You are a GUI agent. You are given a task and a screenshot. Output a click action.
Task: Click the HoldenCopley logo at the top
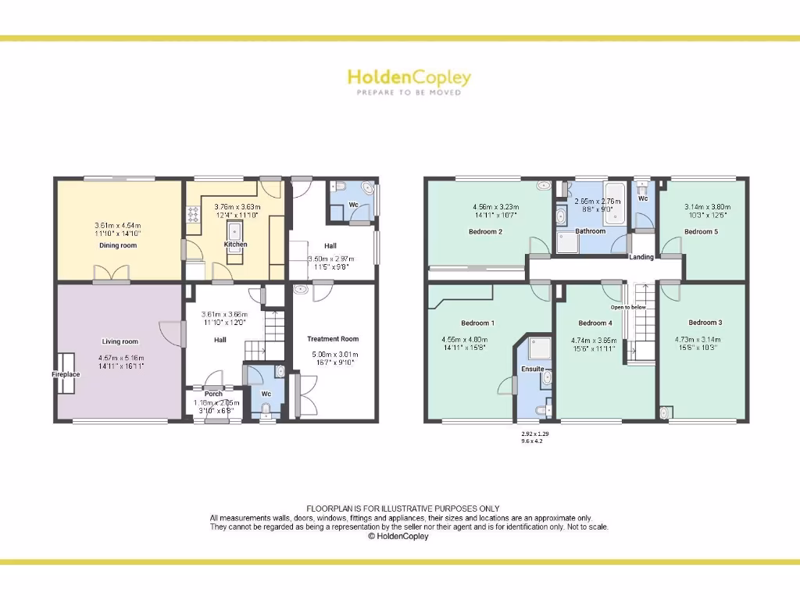coord(409,78)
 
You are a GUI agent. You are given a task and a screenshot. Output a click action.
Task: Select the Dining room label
coord(117,245)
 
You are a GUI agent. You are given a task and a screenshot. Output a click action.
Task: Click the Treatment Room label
coord(333,338)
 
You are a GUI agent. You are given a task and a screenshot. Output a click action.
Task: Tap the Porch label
coord(212,394)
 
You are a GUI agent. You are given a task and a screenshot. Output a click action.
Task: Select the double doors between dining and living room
coord(111,274)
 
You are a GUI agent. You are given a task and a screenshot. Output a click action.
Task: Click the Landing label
coord(641,257)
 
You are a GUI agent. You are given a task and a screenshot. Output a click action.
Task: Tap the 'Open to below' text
coord(628,307)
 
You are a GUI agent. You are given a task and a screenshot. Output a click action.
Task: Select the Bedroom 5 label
coord(701,231)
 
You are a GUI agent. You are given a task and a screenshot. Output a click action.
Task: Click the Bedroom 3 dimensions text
coord(702,343)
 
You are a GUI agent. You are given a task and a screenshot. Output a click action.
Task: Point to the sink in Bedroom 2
coord(544,187)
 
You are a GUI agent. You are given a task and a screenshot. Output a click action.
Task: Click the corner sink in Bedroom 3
coord(666,413)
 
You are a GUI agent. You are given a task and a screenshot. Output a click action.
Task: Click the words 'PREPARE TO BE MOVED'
coord(409,92)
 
